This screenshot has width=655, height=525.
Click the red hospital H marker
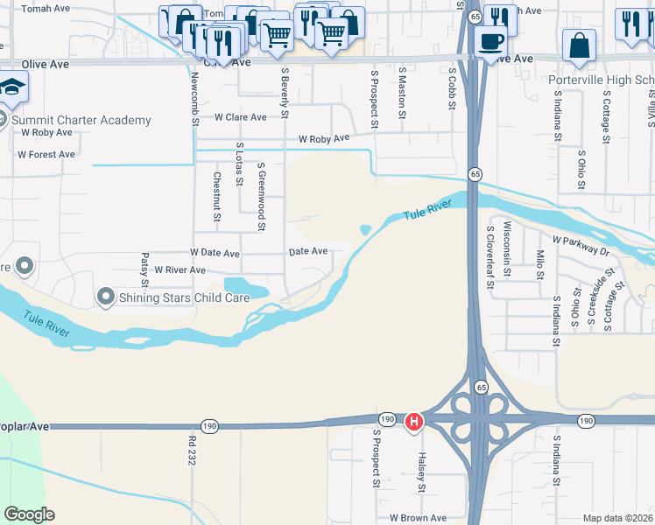point(413,423)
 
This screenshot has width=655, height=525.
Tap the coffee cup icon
point(489,39)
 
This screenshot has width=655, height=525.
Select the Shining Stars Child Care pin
point(106,298)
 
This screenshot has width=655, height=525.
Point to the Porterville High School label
point(602,80)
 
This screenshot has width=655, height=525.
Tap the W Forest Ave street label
point(46,155)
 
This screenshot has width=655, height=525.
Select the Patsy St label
point(144,269)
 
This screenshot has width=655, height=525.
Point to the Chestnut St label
point(217,195)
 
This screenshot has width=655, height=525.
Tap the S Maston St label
point(402,92)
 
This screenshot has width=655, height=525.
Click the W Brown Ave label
point(418,518)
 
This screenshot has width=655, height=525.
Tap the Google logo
point(29,514)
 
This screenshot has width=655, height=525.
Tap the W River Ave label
point(180,270)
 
